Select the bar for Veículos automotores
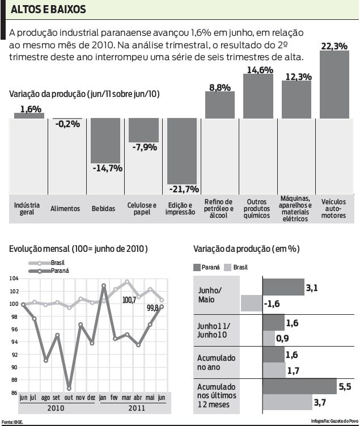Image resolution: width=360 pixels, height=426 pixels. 334,85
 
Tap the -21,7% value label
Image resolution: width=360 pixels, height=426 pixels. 183,189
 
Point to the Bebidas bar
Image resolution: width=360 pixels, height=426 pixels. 105,140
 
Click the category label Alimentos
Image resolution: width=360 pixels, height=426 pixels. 65,209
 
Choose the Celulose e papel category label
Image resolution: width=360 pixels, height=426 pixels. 142,209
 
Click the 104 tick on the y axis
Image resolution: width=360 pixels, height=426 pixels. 14,279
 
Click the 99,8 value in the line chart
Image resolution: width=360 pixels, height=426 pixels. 153,308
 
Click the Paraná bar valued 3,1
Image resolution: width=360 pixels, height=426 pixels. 283,287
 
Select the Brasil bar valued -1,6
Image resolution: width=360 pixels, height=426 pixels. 251,303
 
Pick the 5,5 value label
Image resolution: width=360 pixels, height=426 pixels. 345,387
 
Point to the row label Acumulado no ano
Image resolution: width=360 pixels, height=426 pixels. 217,362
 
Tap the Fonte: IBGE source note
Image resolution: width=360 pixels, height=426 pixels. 13,421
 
